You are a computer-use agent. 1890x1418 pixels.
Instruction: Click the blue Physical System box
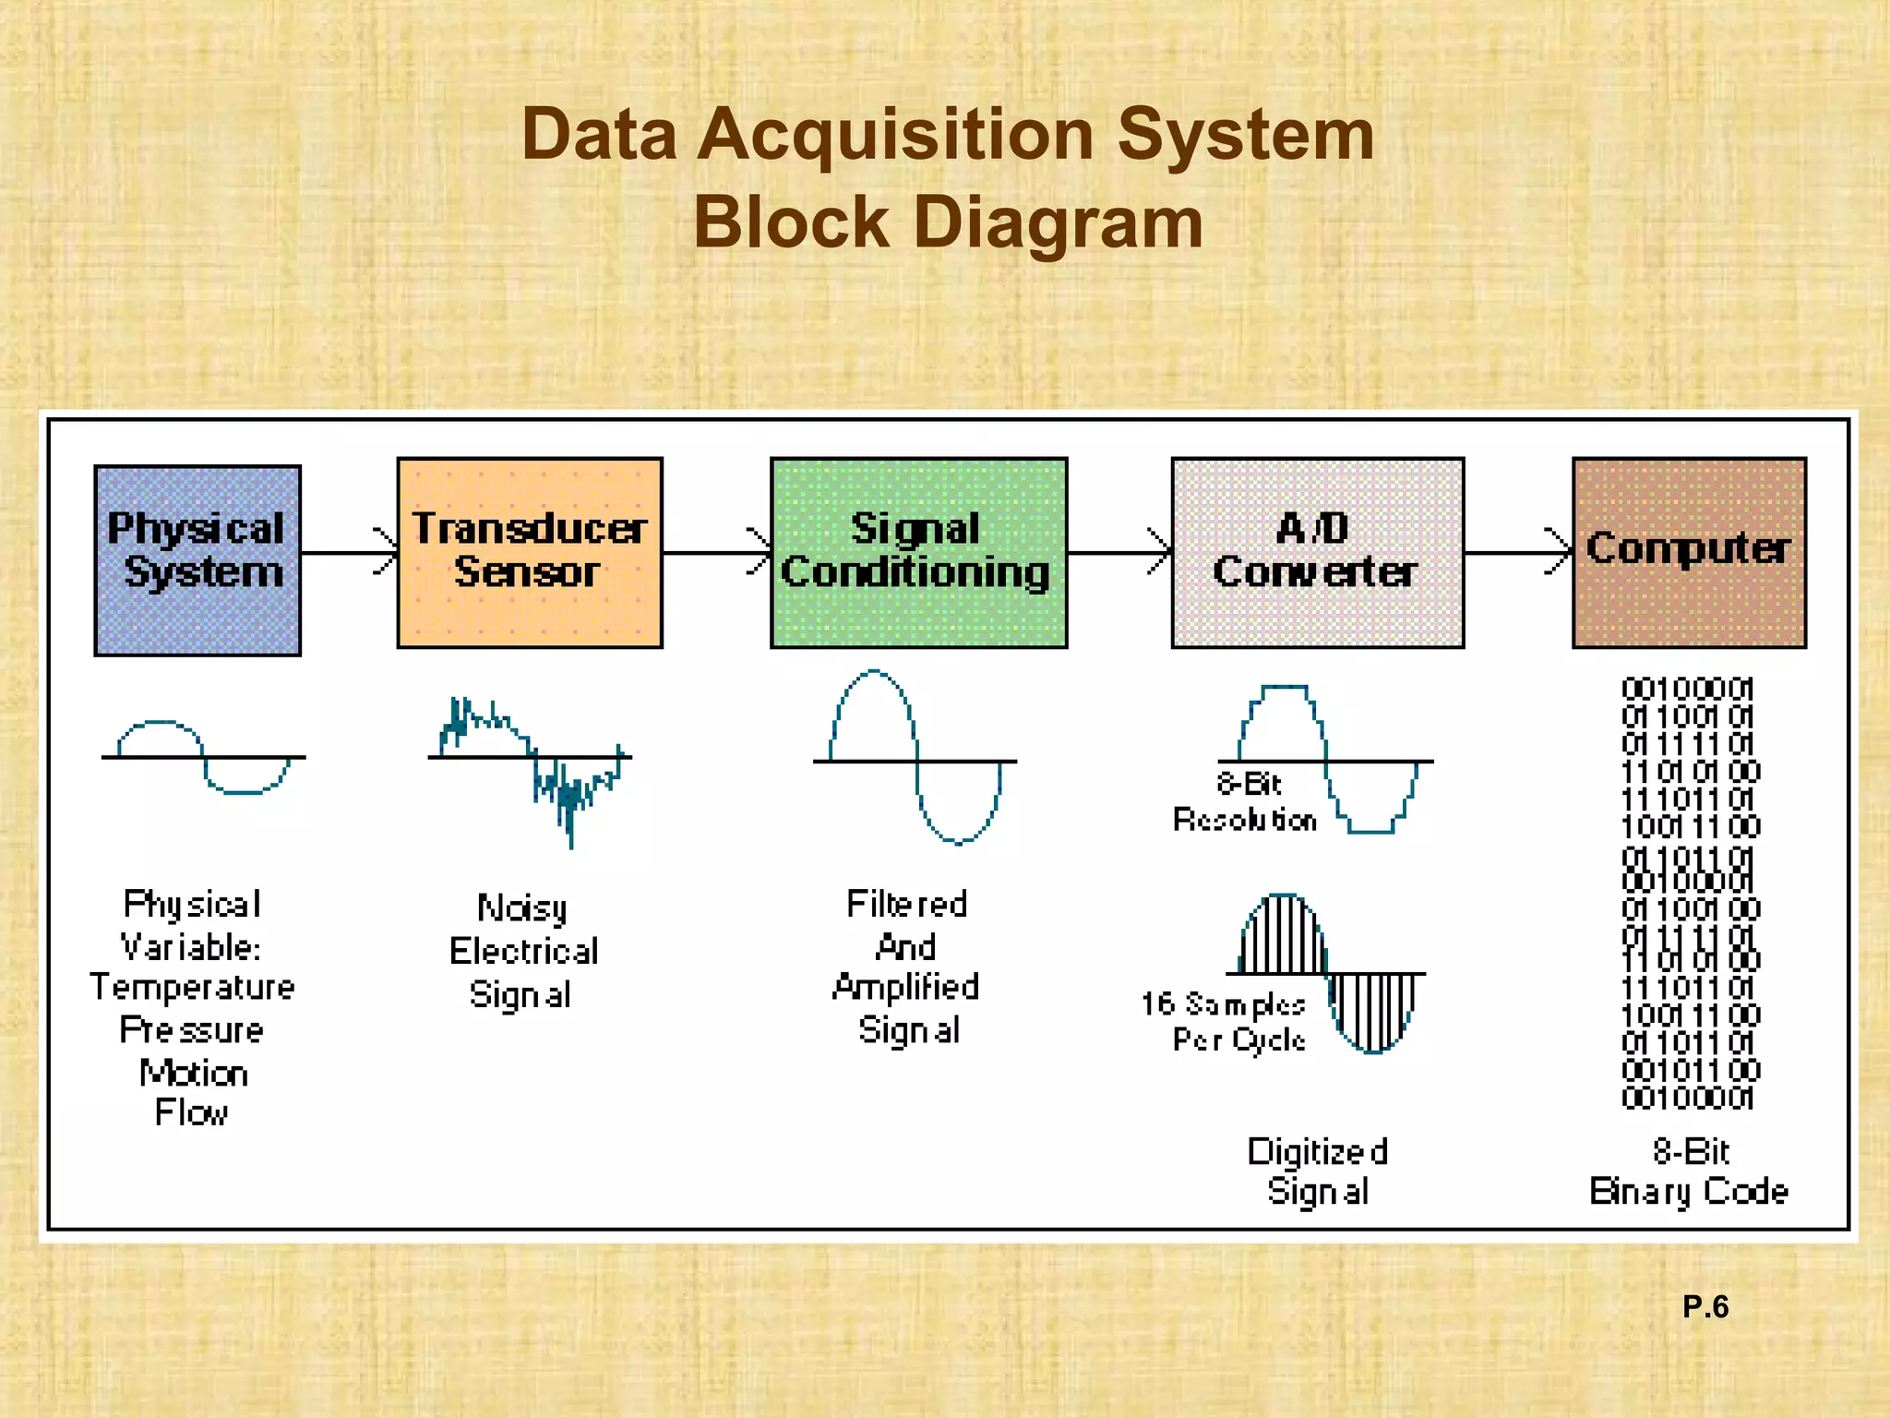(x=197, y=560)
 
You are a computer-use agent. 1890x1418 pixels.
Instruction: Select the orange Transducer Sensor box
(x=530, y=552)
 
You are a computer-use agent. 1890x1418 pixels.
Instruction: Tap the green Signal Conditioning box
(x=918, y=552)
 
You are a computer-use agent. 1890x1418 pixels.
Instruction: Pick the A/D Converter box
(x=1317, y=552)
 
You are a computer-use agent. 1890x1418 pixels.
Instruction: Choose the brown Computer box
(x=1689, y=552)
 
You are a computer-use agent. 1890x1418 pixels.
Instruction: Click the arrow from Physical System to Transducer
(x=349, y=553)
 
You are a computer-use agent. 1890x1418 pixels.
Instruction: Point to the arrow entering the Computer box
(x=1518, y=553)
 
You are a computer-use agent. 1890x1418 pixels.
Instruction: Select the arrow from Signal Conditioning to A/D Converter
(x=1118, y=553)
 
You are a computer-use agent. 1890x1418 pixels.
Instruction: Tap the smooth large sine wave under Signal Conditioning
(x=914, y=757)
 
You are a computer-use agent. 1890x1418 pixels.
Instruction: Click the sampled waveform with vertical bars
(x=1327, y=974)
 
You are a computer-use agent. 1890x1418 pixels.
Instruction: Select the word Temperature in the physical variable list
(x=192, y=988)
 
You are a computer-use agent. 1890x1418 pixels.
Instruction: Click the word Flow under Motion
(x=191, y=1112)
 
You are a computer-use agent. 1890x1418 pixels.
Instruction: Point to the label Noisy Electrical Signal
(x=523, y=951)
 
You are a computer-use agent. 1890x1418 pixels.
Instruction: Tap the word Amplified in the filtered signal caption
(x=905, y=988)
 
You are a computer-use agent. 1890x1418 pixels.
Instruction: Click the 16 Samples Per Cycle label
(x=1226, y=1022)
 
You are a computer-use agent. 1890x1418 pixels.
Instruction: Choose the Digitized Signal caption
(x=1318, y=1172)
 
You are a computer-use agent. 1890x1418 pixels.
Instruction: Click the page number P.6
(x=1705, y=1306)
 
